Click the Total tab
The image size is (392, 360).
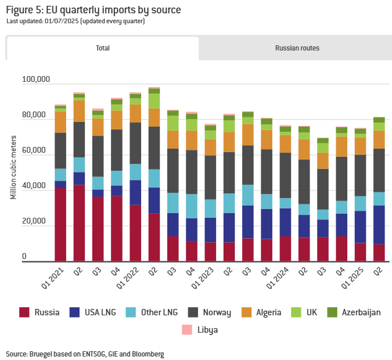103,48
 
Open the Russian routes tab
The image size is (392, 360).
297,48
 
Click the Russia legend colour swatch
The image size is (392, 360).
24,312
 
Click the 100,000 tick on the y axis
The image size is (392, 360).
36,79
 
